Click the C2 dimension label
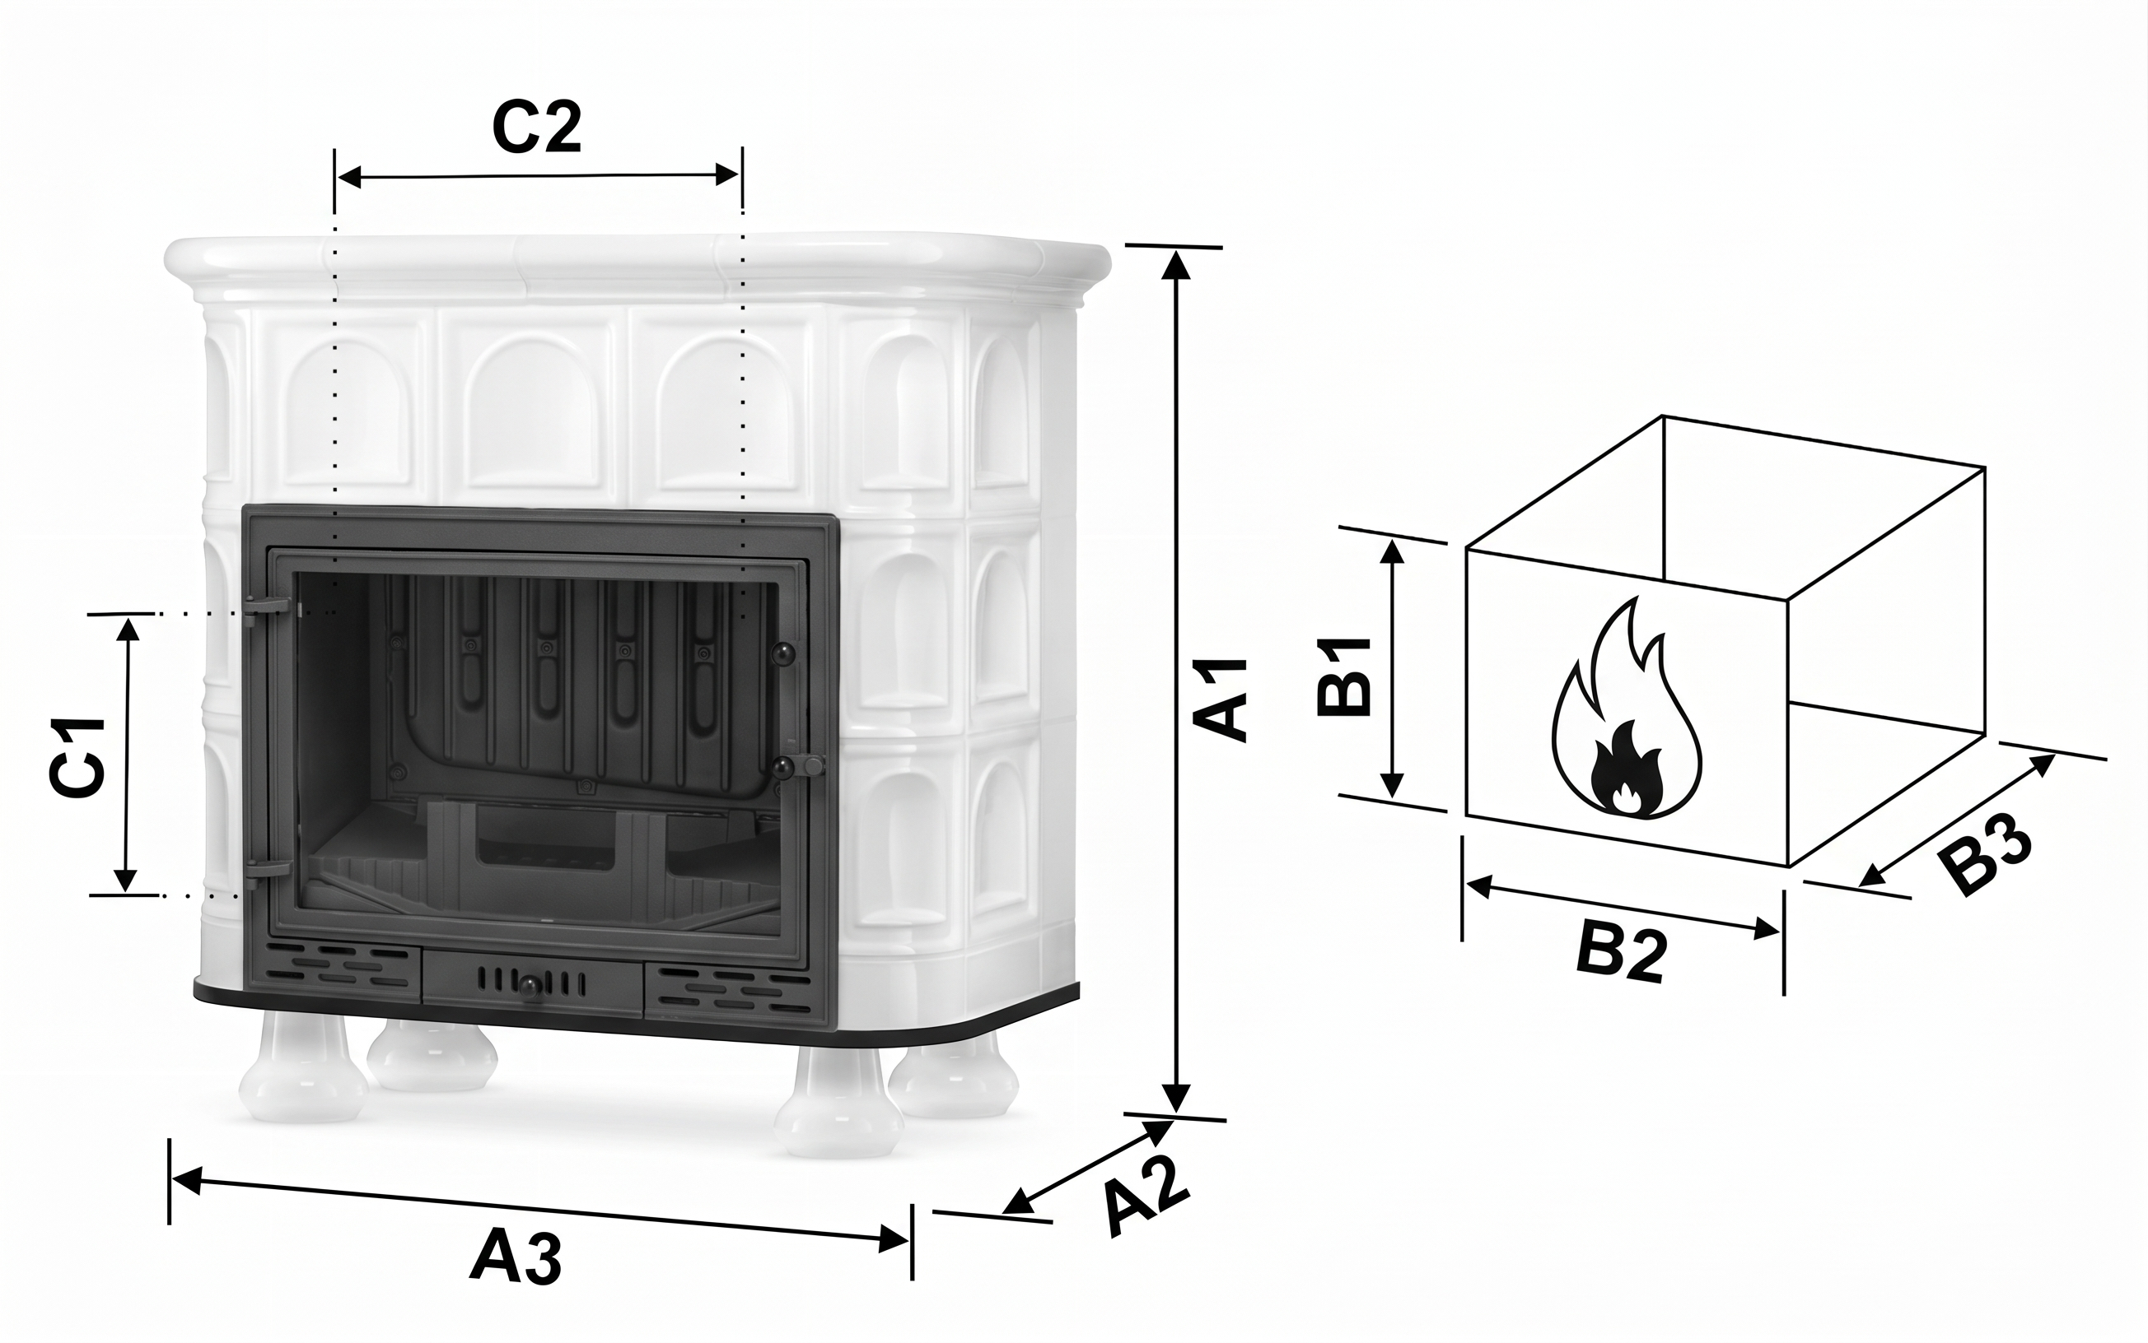point(537,128)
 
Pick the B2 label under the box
point(1621,955)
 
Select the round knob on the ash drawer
point(530,986)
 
